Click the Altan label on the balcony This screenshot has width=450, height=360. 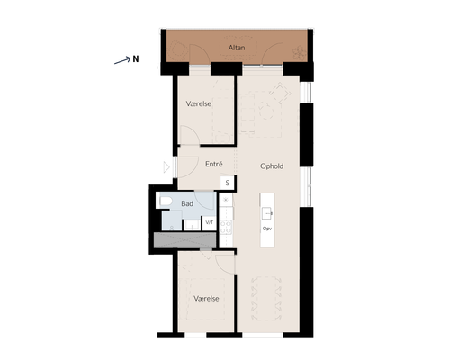click(237, 48)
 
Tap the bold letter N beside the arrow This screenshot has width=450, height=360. click(136, 59)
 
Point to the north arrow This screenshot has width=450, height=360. click(122, 60)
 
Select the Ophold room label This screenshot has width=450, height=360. click(272, 166)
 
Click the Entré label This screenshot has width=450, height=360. click(214, 164)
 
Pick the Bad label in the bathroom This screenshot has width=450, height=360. click(187, 203)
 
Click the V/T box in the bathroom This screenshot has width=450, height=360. click(210, 223)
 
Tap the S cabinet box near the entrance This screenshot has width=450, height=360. click(228, 183)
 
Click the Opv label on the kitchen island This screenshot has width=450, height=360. click(267, 229)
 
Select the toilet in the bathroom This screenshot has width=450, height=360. click(166, 202)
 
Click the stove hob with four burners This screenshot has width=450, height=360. click(226, 227)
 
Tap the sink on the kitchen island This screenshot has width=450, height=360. click(267, 213)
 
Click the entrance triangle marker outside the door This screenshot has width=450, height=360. click(166, 167)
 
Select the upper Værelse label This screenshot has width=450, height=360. click(199, 103)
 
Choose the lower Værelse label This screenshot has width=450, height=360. click(206, 299)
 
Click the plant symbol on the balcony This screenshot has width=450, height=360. click(299, 52)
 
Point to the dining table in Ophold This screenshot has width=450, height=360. click(266, 298)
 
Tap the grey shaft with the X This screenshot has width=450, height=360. click(184, 240)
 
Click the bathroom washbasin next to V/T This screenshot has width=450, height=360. click(192, 224)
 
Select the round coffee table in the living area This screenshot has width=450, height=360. click(266, 111)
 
